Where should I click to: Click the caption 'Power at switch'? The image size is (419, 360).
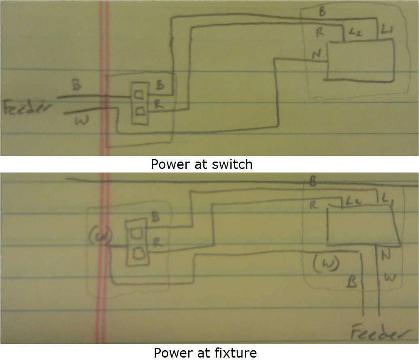pyautogui.click(x=202, y=164)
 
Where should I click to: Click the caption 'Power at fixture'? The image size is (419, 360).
pyautogui.click(x=205, y=352)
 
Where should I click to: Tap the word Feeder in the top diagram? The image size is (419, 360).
pyautogui.click(x=28, y=109)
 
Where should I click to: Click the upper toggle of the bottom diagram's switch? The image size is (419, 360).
pyautogui.click(x=135, y=233)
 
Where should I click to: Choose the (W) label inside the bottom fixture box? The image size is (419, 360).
pyautogui.click(x=326, y=264)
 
